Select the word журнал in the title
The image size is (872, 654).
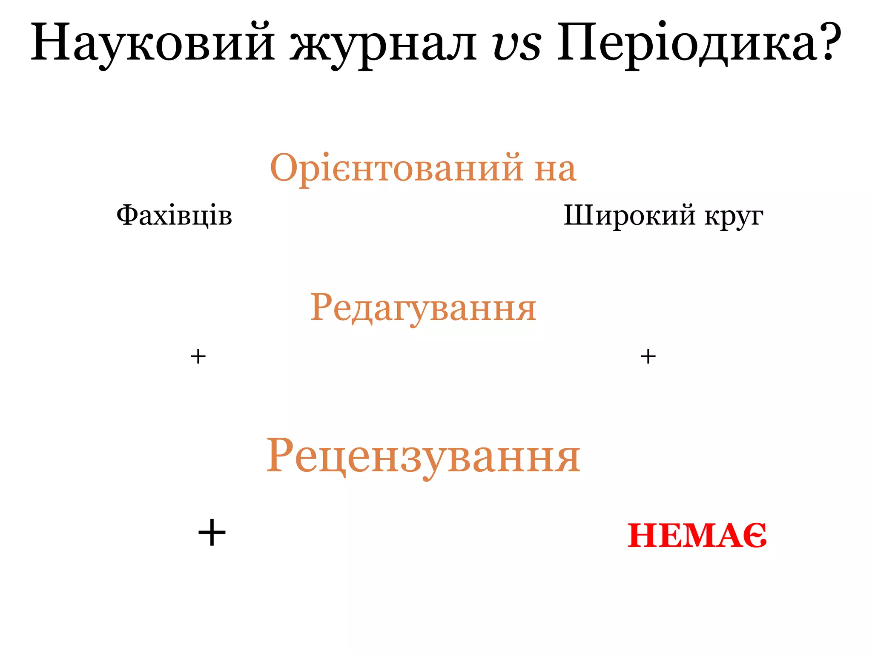pos(383,44)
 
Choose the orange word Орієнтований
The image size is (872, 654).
pos(396,169)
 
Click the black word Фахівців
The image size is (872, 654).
pos(174,215)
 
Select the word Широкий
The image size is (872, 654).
pos(630,215)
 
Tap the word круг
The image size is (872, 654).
pos(734,217)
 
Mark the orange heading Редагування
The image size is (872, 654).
pos(423,308)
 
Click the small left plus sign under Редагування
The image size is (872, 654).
pos(198,356)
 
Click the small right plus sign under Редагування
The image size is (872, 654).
pos(648,356)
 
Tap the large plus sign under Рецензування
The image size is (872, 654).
pos(212,533)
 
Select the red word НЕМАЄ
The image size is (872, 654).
pos(697,536)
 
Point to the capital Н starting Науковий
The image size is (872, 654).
pos(49,42)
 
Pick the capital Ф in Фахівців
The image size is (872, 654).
pos(128,215)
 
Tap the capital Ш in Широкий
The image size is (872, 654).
pos(579,215)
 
